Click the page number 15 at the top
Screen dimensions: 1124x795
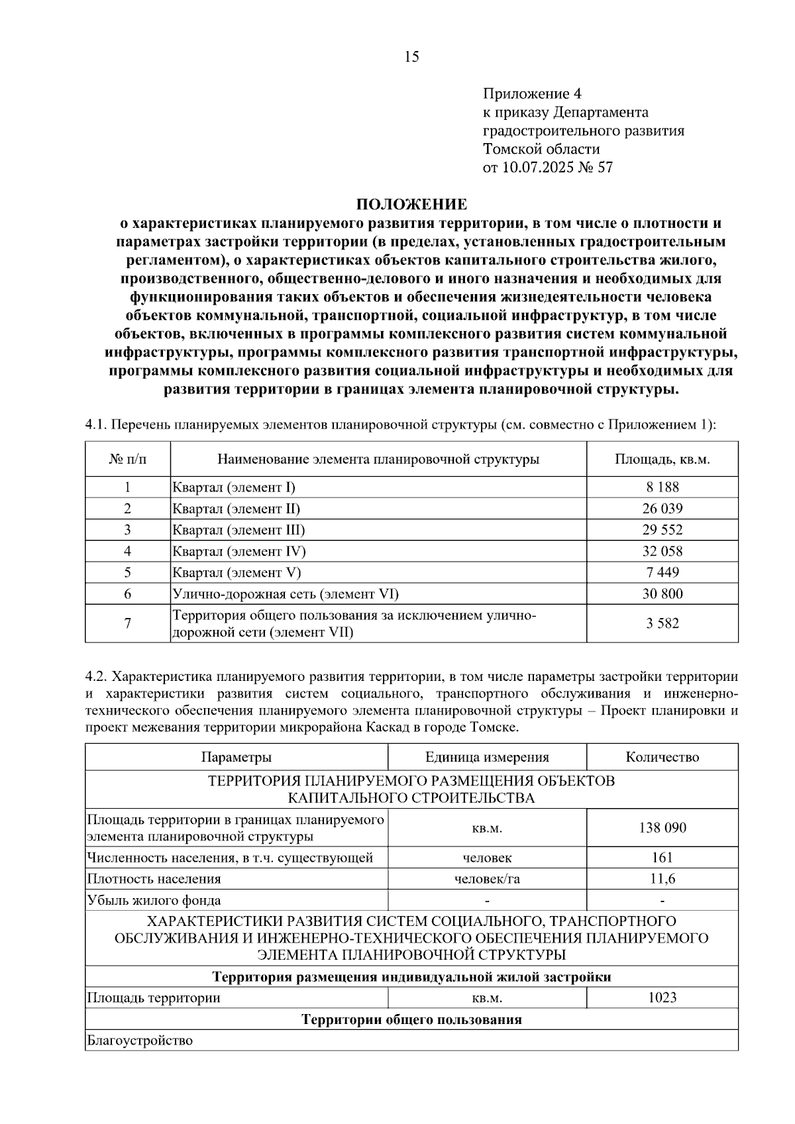pos(411,57)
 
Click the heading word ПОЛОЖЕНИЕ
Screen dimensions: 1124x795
pos(411,204)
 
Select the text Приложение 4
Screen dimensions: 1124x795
pos(532,93)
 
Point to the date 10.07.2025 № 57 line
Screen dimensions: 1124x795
pos(548,167)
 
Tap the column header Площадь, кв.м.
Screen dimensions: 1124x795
pos(662,459)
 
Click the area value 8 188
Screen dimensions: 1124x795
pos(662,487)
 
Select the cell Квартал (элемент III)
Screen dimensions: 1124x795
pos(238,530)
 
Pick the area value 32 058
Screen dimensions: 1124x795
pos(662,551)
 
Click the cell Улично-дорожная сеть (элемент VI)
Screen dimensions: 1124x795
pos(286,593)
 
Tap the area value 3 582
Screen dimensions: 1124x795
pos(662,623)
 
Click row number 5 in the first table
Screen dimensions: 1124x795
pos(127,572)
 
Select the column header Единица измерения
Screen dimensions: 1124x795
pos(487,757)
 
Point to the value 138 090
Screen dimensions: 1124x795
pos(662,828)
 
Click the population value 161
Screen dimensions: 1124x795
pos(662,858)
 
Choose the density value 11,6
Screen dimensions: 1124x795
pos(662,879)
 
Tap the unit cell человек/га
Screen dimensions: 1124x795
pos(487,879)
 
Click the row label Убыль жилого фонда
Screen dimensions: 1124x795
pos(154,900)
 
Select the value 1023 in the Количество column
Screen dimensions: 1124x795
pos(662,997)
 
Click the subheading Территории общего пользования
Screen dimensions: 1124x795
pos(411,1019)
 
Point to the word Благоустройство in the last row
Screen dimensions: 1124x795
pos(140,1041)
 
